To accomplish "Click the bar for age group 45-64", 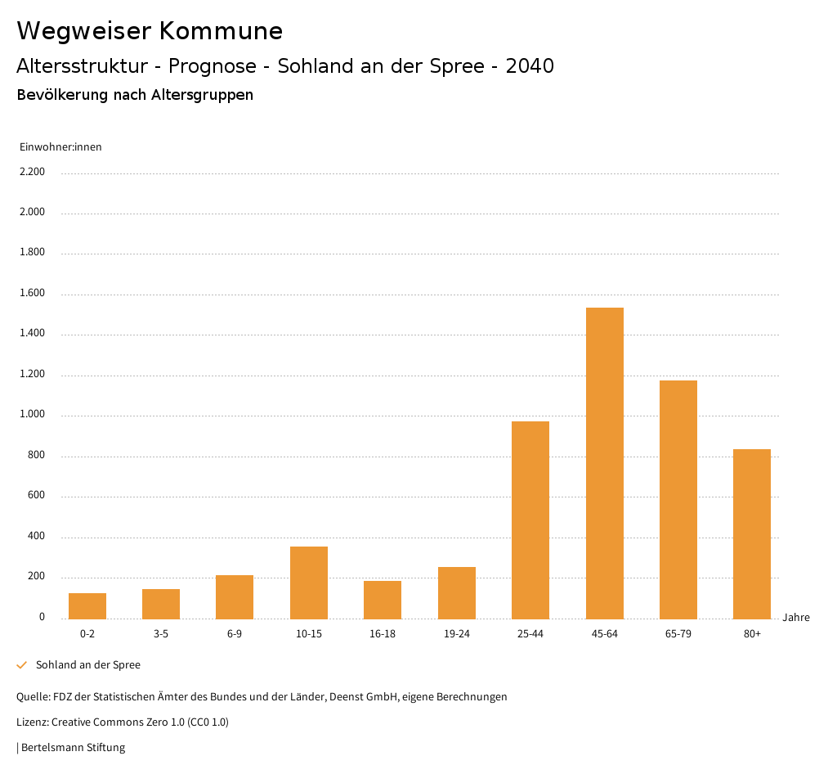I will click(x=605, y=463).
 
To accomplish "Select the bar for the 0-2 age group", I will click(x=87, y=606).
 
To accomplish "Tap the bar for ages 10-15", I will click(x=309, y=583).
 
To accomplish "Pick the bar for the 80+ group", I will click(x=752, y=533).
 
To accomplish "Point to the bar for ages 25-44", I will click(x=530, y=520).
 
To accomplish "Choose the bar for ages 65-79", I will click(x=678, y=499).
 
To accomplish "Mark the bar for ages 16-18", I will click(x=383, y=600).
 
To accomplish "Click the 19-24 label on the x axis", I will click(x=457, y=634).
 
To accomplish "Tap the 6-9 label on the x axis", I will click(x=235, y=634).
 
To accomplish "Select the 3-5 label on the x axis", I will click(x=161, y=634).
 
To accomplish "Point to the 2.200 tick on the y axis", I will click(x=33, y=172).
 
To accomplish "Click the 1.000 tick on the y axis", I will click(x=33, y=415).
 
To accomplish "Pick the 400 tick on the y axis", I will click(x=36, y=537).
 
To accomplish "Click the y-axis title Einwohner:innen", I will click(x=60, y=147).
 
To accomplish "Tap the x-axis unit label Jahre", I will click(x=796, y=618).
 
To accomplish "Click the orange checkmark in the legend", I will click(x=22, y=665).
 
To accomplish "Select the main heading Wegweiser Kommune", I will click(x=150, y=31).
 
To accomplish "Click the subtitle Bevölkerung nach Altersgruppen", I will click(x=135, y=95).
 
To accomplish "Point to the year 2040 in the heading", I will click(x=530, y=66).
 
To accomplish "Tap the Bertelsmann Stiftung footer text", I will click(x=72, y=748).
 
